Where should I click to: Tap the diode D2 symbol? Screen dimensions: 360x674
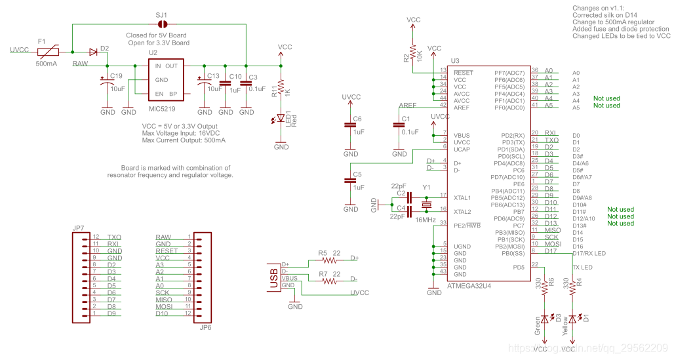coord(94,51)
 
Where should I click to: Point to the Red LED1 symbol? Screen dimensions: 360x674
coord(281,119)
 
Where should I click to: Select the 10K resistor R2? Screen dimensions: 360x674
coord(413,52)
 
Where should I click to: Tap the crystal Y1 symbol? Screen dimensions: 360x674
coord(427,205)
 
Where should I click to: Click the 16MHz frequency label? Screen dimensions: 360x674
coord(425,220)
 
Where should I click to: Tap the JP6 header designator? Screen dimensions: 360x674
coord(205,327)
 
